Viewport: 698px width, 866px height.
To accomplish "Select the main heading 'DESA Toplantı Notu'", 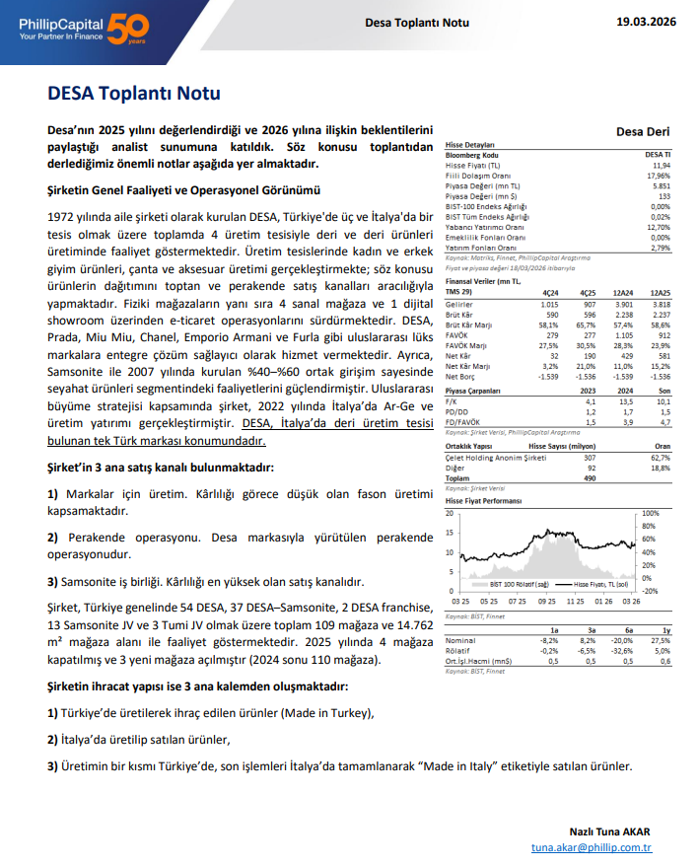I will [x=134, y=94].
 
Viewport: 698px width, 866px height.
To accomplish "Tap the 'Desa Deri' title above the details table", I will [x=642, y=131].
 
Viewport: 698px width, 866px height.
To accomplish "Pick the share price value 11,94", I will [x=661, y=166].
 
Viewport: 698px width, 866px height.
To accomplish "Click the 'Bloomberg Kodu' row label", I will [x=473, y=156].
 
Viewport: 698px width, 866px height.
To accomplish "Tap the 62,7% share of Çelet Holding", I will [x=660, y=458].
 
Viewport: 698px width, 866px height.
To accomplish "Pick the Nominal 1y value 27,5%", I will [x=660, y=640].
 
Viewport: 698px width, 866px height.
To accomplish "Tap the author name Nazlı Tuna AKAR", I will [x=609, y=830].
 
